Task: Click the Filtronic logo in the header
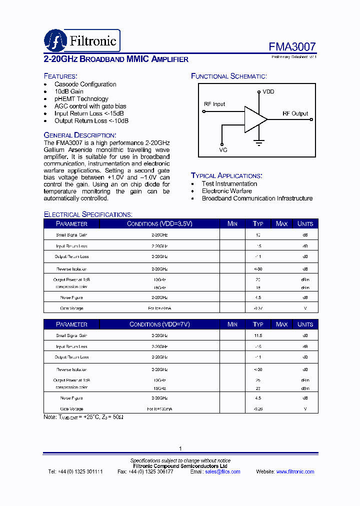81,40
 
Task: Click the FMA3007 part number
292,47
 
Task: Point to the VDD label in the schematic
268,92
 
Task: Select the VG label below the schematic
223,149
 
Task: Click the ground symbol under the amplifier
259,142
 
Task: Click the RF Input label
214,104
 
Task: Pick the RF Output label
295,113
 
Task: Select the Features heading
60,76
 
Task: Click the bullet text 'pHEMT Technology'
81,99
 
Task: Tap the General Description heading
80,135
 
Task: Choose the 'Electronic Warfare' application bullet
226,191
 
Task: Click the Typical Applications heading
226,175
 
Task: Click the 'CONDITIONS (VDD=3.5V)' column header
159,223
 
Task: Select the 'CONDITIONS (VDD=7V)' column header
159,324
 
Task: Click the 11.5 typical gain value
258,336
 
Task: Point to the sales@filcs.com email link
222,471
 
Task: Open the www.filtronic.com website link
295,471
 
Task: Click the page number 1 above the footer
180,448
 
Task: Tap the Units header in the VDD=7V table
305,324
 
